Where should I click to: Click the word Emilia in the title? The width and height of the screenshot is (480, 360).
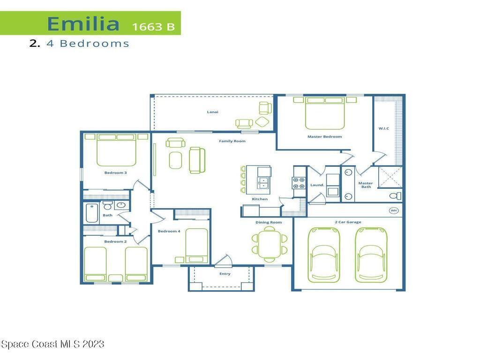point(83,23)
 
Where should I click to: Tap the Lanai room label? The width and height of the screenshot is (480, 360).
point(212,112)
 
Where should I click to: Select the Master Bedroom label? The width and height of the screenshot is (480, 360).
point(324,136)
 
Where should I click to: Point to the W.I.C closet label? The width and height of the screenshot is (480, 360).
point(383,128)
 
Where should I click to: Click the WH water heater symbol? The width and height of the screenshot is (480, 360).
point(394,210)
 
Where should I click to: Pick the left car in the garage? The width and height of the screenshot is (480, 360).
point(324,255)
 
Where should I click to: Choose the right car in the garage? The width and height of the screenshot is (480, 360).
point(371,255)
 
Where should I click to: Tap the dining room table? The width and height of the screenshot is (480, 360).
point(270,244)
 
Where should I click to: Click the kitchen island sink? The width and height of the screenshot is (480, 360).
point(262,183)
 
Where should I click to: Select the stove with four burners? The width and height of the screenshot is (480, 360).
point(299,183)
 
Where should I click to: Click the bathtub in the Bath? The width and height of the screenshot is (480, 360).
point(92,213)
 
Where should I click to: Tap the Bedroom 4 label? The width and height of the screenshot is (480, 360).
point(169,231)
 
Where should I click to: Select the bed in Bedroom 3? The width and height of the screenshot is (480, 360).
point(116,150)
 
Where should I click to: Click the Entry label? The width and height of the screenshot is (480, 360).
point(225,274)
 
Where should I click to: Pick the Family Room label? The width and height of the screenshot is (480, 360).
point(232,141)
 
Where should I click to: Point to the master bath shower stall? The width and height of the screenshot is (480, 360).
point(390,177)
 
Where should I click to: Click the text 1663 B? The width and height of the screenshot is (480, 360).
point(153,27)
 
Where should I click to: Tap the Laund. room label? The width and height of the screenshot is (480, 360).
point(317,185)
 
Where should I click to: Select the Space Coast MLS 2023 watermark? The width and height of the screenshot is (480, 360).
point(52,344)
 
